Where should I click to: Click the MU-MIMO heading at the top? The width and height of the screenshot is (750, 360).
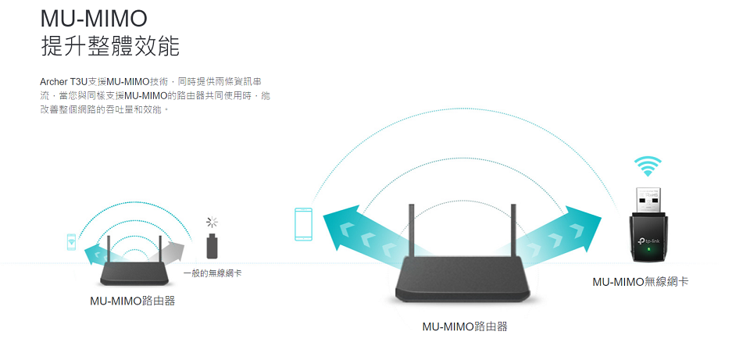pyautogui.click(x=93, y=16)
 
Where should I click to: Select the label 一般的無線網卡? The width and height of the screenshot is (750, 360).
pyautogui.click(x=212, y=273)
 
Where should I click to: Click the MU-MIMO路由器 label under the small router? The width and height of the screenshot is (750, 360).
pyautogui.click(x=132, y=301)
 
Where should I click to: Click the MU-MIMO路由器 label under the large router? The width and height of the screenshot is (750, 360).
pyautogui.click(x=464, y=326)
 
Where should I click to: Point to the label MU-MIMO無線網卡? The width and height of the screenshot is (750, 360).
pyautogui.click(x=640, y=281)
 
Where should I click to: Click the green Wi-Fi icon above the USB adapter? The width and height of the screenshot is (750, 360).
pyautogui.click(x=648, y=166)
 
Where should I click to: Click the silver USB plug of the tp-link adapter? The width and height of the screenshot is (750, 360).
pyautogui.click(x=648, y=199)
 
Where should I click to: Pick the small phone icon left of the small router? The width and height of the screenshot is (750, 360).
pyautogui.click(x=71, y=242)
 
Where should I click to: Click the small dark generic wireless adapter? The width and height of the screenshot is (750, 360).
pyautogui.click(x=211, y=246)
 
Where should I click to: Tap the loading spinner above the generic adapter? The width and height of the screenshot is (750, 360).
pyautogui.click(x=211, y=223)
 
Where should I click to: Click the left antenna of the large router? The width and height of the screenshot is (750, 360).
pyautogui.click(x=409, y=230)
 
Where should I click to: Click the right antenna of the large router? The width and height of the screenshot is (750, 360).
pyautogui.click(x=513, y=230)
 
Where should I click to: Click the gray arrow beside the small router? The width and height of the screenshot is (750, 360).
pyautogui.click(x=174, y=251)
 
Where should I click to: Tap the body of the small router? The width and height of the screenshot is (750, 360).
pyautogui.click(x=131, y=273)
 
